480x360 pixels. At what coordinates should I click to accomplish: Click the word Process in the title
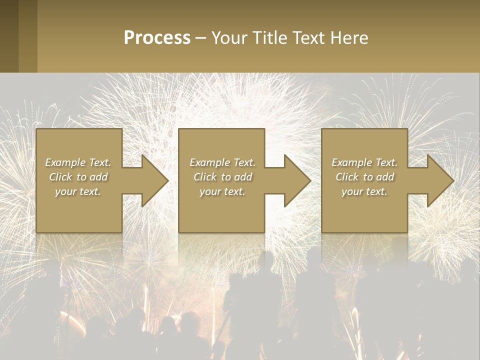[x=157, y=38]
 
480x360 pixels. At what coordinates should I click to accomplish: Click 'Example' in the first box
[x=65, y=162]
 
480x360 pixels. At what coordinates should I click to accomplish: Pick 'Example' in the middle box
[x=209, y=162]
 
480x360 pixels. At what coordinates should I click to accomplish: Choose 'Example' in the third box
[x=351, y=162]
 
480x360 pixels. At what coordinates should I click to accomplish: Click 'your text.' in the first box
[x=78, y=191]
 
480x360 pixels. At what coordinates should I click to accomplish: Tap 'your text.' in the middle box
[x=222, y=191]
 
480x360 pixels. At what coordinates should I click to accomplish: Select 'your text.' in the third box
[x=364, y=191]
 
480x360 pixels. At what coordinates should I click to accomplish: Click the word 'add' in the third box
[x=385, y=177]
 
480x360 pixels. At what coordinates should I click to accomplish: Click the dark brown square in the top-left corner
[x=9, y=36]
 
